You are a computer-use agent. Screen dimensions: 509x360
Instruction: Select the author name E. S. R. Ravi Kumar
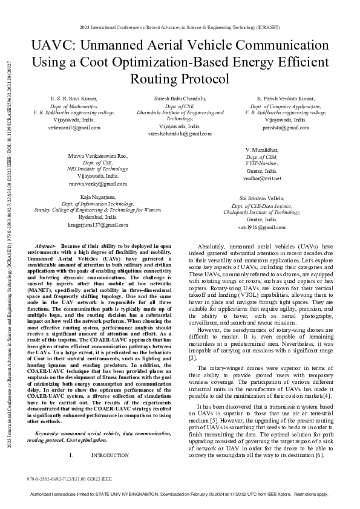point(73,97)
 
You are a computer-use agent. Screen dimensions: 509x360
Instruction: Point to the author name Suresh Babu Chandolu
point(180,97)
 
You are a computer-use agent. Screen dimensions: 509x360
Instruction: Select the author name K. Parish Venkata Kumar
point(286,97)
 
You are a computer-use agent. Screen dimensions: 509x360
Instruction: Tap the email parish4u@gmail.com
point(286,128)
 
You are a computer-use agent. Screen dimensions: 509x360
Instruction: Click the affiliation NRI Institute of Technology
point(98,169)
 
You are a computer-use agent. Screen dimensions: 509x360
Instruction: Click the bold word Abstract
point(45,247)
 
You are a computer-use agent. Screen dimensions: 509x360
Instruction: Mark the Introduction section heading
point(110,455)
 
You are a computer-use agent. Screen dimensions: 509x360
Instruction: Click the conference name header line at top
point(180,28)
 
